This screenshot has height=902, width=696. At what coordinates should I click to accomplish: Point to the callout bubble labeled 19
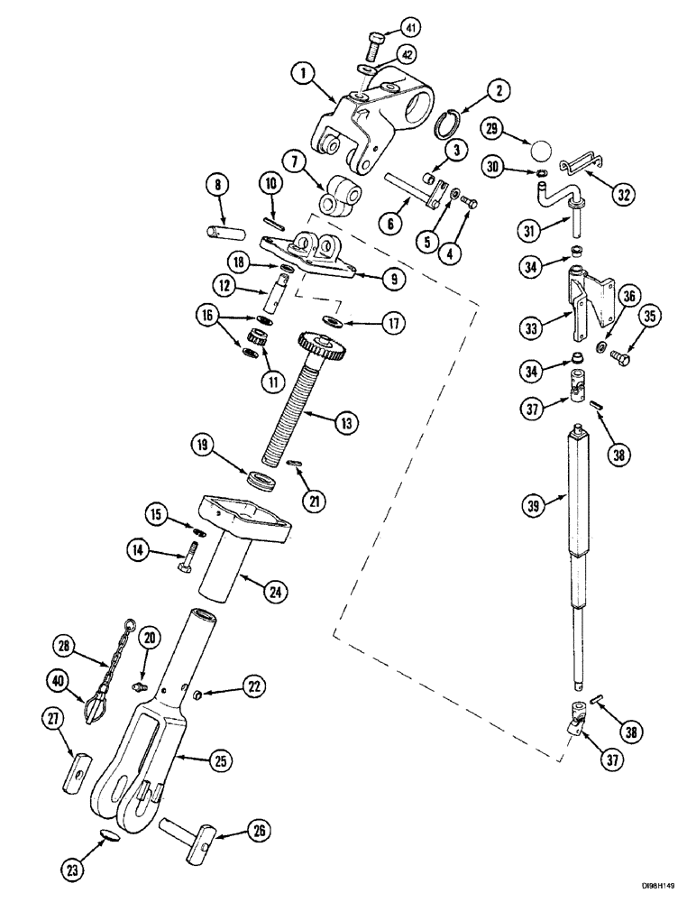(x=203, y=445)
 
